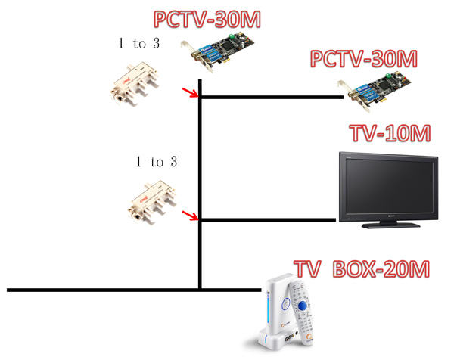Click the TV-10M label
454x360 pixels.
pyautogui.click(x=391, y=133)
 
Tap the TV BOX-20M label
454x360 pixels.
pyautogui.click(x=362, y=269)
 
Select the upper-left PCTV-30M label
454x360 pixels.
pyautogui.click(x=207, y=20)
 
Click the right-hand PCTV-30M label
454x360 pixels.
pyautogui.click(x=364, y=59)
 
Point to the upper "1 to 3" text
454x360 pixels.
pyautogui.click(x=139, y=43)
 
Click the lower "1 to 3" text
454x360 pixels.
pyautogui.click(x=157, y=162)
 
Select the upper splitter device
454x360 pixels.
pyautogui.click(x=135, y=84)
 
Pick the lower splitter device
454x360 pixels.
pyautogui.click(x=152, y=203)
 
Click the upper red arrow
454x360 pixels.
pyautogui.click(x=190, y=92)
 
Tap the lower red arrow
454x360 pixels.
pyautogui.click(x=190, y=216)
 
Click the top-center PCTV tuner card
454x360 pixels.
pyautogui.click(x=218, y=51)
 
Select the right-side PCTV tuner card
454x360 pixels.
pyautogui.click(x=374, y=92)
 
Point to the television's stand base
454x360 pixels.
pyautogui.click(x=391, y=225)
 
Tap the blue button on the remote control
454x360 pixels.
pyautogui.click(x=303, y=306)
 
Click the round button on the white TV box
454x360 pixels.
pyautogui.click(x=286, y=304)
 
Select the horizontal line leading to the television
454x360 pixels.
pyautogui.click(x=268, y=220)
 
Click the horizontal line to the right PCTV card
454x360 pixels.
pyautogui.click(x=272, y=98)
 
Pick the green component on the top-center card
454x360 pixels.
pyautogui.click(x=231, y=36)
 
